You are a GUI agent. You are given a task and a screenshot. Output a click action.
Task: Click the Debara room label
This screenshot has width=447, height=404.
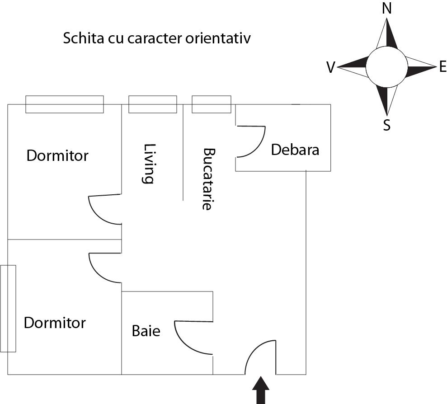pyautogui.click(x=295, y=150)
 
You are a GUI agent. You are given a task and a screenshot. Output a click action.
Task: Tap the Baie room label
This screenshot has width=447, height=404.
pyautogui.click(x=146, y=331)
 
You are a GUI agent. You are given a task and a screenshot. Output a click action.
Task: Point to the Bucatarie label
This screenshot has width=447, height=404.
pyautogui.click(x=207, y=179)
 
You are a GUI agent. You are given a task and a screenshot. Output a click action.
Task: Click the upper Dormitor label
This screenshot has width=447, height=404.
pyautogui.click(x=57, y=156)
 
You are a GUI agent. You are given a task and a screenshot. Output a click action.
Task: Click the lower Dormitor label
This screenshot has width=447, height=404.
pyautogui.click(x=55, y=323)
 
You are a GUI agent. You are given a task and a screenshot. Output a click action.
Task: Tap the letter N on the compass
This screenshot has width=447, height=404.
pyautogui.click(x=387, y=8)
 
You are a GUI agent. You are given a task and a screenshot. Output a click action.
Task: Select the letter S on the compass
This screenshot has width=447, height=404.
pyautogui.click(x=386, y=125)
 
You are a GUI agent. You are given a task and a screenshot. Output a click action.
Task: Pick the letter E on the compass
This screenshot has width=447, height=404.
pyautogui.click(x=442, y=67)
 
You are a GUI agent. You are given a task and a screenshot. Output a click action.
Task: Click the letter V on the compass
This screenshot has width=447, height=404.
pyautogui.click(x=330, y=68)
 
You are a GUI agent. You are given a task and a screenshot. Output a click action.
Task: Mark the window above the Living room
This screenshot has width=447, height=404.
pyautogui.click(x=153, y=104)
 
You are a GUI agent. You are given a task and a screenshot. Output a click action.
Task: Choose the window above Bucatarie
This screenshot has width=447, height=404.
pyautogui.click(x=212, y=104)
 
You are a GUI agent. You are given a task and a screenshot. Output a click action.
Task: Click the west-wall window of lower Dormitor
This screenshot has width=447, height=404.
pyautogui.click(x=8, y=309)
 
